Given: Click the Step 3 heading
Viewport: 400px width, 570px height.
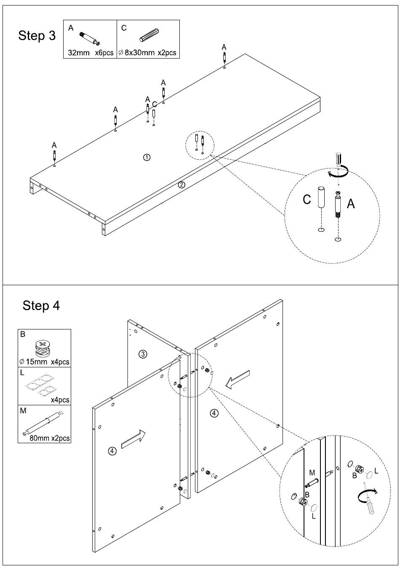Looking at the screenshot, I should tap(37, 36).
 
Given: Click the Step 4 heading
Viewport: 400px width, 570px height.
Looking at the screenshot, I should tap(41, 305).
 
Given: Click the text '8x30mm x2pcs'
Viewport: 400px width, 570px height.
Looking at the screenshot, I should tap(150, 54).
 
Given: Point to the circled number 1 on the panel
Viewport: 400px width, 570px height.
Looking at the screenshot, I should tap(147, 157).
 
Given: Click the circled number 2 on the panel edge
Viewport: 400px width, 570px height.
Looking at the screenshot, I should tap(181, 185).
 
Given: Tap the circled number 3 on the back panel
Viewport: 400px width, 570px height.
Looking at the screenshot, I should tap(143, 354).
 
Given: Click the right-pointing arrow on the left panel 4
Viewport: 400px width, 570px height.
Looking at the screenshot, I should tap(133, 439).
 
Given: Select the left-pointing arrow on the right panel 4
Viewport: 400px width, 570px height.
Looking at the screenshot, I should tap(237, 379).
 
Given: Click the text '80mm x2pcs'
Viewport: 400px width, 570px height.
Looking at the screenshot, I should tap(50, 438).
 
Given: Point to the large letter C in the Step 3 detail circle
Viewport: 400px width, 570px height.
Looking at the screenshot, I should tap(307, 199).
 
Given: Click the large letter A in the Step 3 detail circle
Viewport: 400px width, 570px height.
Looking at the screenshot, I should tap(350, 204).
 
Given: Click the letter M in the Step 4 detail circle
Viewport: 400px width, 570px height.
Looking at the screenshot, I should tap(312, 473).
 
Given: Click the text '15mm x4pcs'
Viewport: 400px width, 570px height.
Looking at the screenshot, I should tap(48, 362).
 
